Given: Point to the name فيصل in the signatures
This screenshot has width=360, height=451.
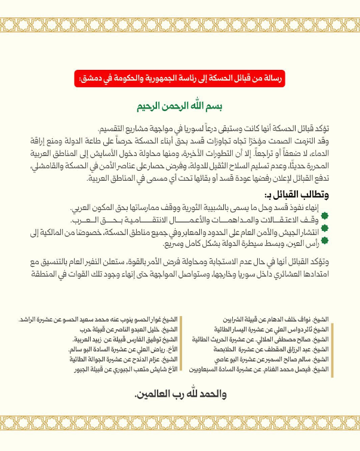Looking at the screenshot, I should (x=304, y=369).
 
